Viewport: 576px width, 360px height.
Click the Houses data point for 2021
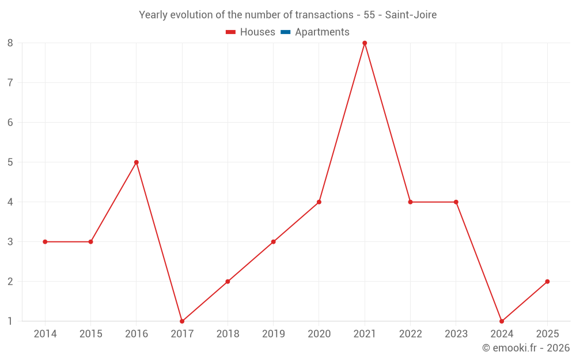[x=365, y=43]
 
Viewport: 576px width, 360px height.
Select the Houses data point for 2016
[x=137, y=162]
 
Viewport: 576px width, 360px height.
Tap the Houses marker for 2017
[x=182, y=321]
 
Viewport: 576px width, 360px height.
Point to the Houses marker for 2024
[x=502, y=321]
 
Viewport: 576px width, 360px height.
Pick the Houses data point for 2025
[x=547, y=282]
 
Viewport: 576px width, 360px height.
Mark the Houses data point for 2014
[x=45, y=242]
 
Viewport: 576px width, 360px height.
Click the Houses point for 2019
[x=273, y=242]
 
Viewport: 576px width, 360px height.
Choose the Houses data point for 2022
[x=410, y=202]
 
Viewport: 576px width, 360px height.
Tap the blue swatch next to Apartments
[x=285, y=32]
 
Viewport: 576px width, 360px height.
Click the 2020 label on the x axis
[x=319, y=334]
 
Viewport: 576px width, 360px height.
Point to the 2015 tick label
[x=90, y=334]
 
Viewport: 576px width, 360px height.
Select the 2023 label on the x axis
[x=456, y=334]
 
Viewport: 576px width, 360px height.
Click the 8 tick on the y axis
[x=10, y=43]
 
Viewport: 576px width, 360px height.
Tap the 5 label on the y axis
[x=10, y=162]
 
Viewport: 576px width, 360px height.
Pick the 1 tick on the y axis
[x=10, y=321]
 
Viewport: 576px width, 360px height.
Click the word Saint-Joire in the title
[x=411, y=15]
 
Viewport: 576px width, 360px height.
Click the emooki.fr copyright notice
[x=526, y=348]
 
